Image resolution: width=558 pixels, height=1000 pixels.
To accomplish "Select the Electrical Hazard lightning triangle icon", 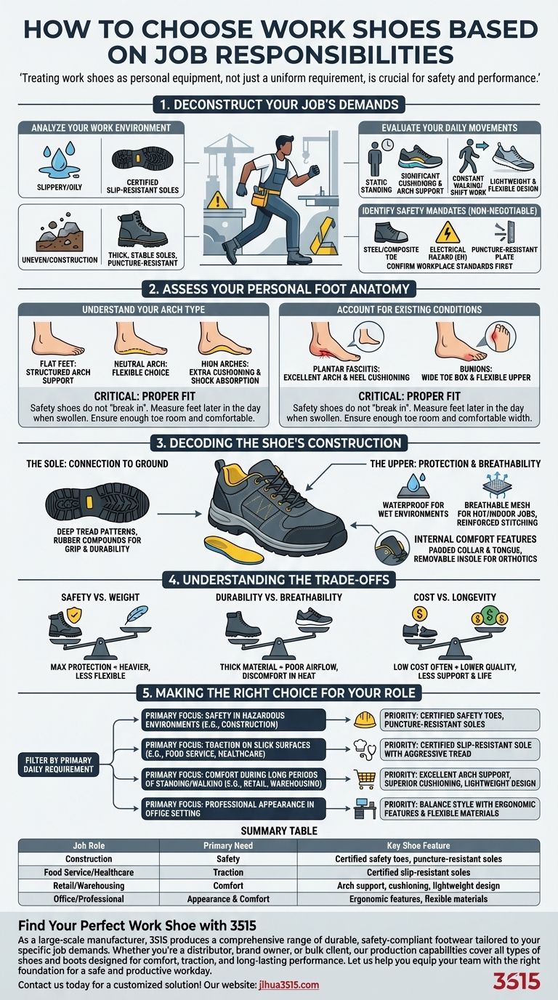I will (x=445, y=233).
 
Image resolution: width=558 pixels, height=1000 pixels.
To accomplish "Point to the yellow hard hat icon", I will (x=364, y=719).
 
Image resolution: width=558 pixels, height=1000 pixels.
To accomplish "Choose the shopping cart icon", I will (x=364, y=778).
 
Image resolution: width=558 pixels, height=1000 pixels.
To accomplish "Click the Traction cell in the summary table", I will (x=228, y=872).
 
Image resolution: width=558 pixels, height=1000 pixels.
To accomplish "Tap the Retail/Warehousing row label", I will (x=89, y=885).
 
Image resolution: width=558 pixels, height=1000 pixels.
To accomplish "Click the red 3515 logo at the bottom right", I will (x=517, y=981).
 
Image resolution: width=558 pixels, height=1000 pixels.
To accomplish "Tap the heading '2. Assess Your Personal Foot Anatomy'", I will (x=279, y=289).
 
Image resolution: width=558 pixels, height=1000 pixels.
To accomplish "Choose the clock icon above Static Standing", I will (x=385, y=145).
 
